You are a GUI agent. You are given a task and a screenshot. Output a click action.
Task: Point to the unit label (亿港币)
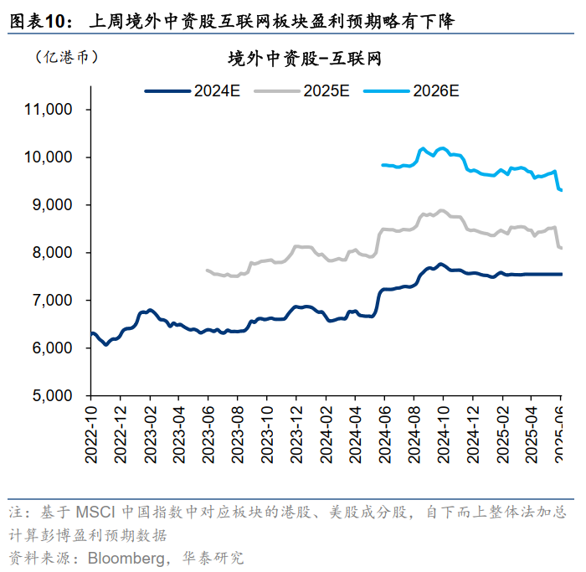(66, 57)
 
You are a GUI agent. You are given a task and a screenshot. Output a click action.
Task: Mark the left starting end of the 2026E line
(382, 165)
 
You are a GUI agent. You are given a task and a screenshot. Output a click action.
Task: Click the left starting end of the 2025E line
(206, 270)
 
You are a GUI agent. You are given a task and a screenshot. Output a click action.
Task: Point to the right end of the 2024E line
(562, 274)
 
